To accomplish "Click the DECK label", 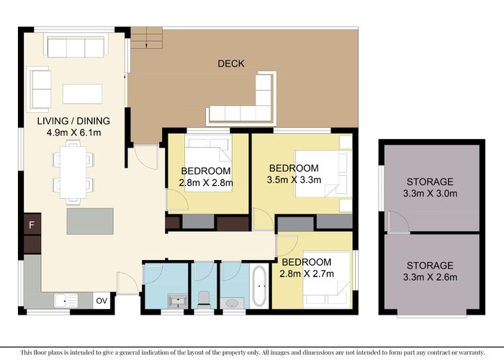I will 231,64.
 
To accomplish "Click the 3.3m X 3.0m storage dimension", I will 429,194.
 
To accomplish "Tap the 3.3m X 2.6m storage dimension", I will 429,278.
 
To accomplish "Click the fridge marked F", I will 32,226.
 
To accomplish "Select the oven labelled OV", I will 103,300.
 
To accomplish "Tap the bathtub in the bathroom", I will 260,287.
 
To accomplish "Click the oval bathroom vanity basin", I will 232,303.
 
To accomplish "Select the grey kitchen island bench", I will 91,221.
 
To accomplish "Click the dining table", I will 73,171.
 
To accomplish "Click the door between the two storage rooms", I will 395,224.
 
